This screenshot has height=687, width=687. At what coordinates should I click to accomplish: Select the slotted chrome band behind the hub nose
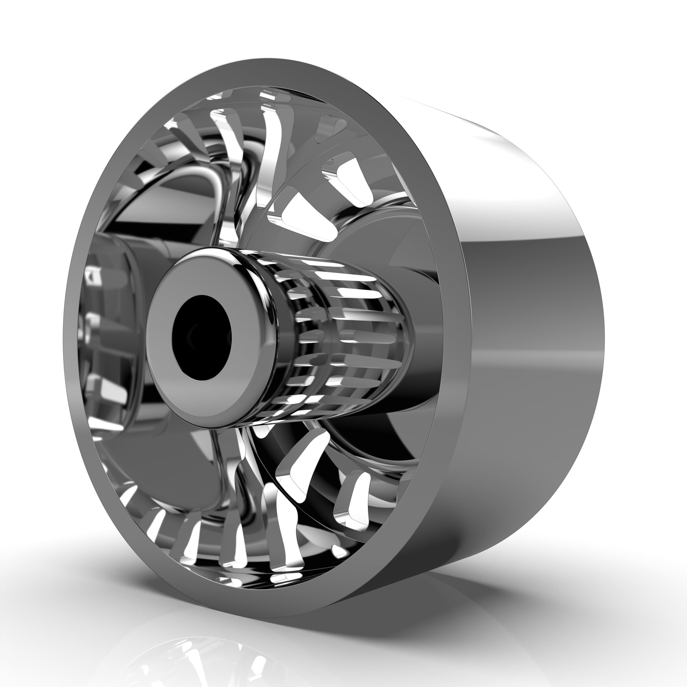click(x=341, y=338)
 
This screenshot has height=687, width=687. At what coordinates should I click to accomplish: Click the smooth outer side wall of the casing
click(x=533, y=356)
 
